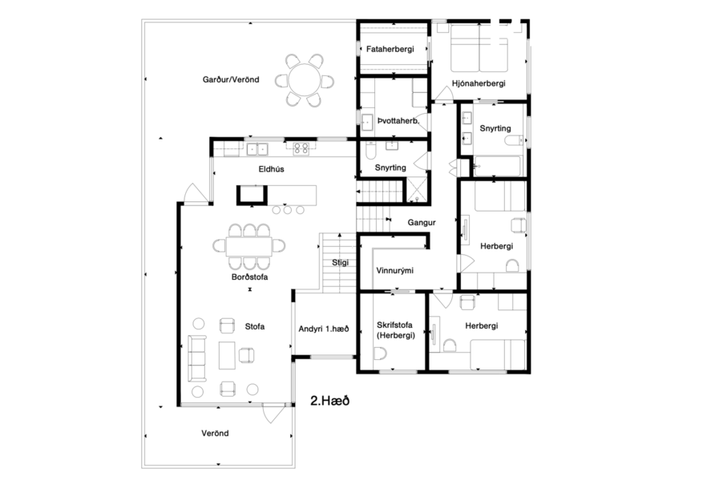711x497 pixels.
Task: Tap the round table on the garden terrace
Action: [x=305, y=80]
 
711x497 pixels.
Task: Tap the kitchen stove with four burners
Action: [x=302, y=147]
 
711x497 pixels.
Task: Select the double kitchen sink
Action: [x=257, y=147]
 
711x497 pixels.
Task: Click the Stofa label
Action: [x=255, y=326]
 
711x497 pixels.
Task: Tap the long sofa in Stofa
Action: [x=196, y=359]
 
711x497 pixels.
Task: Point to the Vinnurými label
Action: [x=394, y=270]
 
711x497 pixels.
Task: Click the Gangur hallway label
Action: [x=421, y=222]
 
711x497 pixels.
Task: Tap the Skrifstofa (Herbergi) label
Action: [x=394, y=330]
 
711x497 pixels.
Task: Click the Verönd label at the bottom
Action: [x=214, y=433]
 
